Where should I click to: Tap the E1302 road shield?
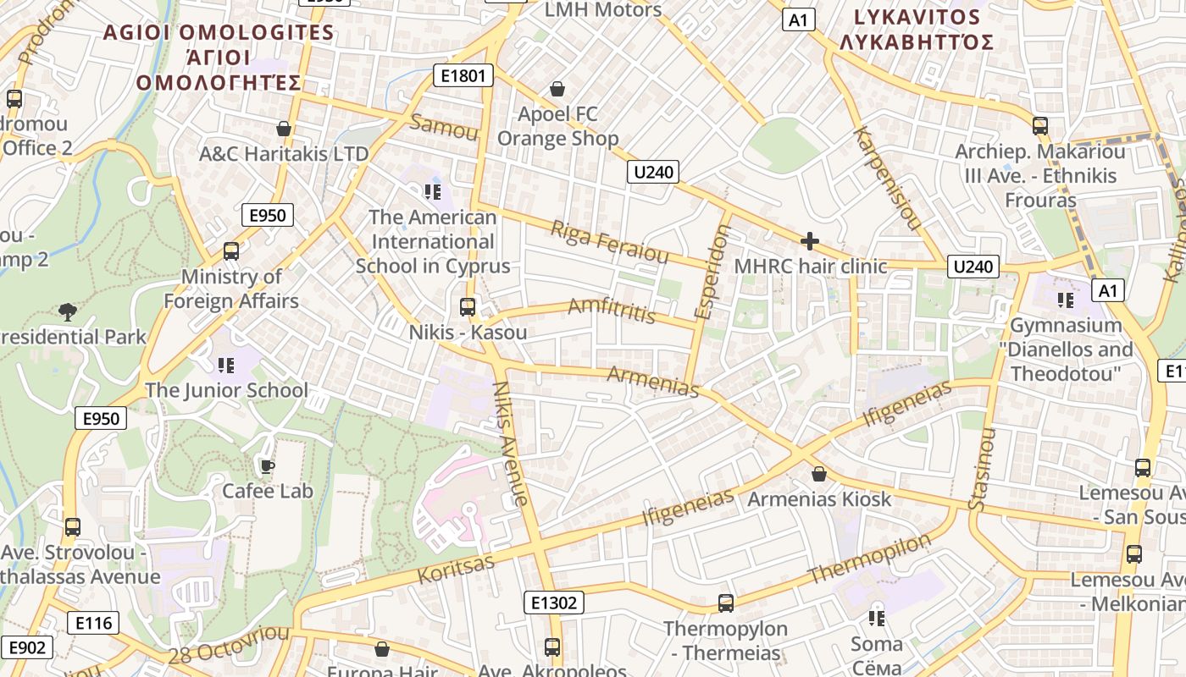(x=554, y=603)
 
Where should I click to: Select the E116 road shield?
(x=93, y=624)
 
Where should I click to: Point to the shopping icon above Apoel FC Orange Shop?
(x=557, y=89)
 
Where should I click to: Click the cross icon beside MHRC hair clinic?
(x=810, y=242)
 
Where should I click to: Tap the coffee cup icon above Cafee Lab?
(x=267, y=466)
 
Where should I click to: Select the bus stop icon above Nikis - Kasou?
(x=467, y=307)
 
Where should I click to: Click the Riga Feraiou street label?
(x=609, y=242)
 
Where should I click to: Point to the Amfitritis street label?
(x=612, y=310)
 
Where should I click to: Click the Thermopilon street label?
(x=869, y=559)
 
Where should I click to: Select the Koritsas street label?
(x=456, y=570)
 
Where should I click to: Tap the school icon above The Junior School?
(x=225, y=366)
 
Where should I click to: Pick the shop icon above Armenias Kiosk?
(x=818, y=474)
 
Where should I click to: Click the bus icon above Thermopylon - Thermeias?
(x=726, y=603)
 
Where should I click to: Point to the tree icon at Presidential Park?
(x=67, y=312)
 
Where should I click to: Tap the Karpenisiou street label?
(x=887, y=179)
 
